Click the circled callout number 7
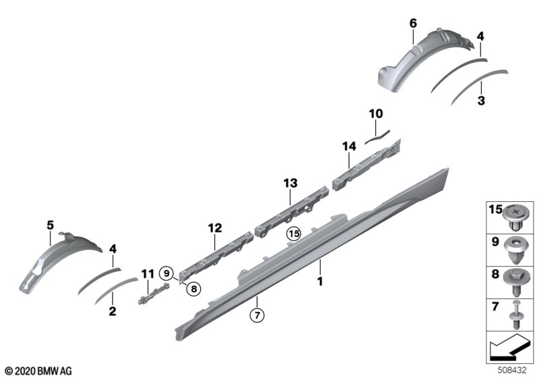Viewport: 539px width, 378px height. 257,315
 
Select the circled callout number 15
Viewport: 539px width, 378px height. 294,234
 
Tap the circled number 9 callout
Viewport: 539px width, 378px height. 166,273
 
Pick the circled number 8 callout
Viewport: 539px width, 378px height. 194,289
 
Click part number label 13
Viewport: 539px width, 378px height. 290,183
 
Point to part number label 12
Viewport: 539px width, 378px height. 215,228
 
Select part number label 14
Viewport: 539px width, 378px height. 349,146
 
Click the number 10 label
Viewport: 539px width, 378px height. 376,113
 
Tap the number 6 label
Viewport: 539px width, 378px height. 413,24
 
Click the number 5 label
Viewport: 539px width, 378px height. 50,225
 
